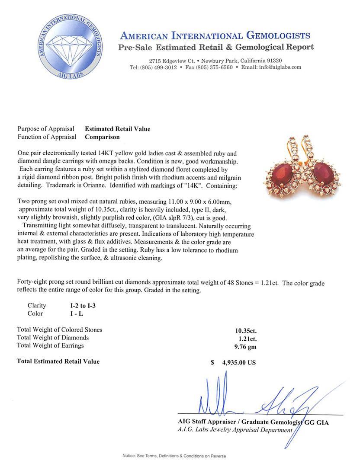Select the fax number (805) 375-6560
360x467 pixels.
215,67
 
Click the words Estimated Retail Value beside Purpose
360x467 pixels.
118,129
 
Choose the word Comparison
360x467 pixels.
102,137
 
